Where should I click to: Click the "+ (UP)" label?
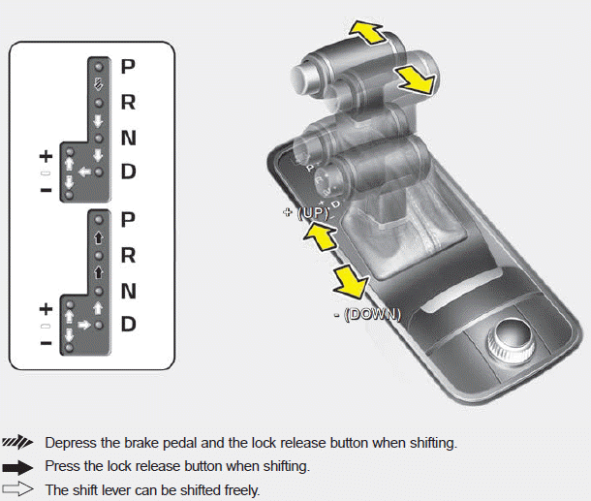[x=302, y=212]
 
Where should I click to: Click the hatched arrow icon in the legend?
[x=19, y=442]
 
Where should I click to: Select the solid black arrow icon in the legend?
[x=19, y=466]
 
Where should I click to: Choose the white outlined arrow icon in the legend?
[x=19, y=489]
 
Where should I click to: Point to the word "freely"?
[x=238, y=490]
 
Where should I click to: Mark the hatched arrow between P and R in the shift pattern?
[x=98, y=84]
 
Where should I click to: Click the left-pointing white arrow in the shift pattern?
[x=84, y=172]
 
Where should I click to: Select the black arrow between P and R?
[x=98, y=235]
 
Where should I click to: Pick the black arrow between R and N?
[x=98, y=273]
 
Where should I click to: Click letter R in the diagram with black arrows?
[x=128, y=256]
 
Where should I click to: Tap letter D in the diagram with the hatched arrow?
[x=128, y=172]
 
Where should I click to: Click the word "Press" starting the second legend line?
[x=63, y=466]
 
